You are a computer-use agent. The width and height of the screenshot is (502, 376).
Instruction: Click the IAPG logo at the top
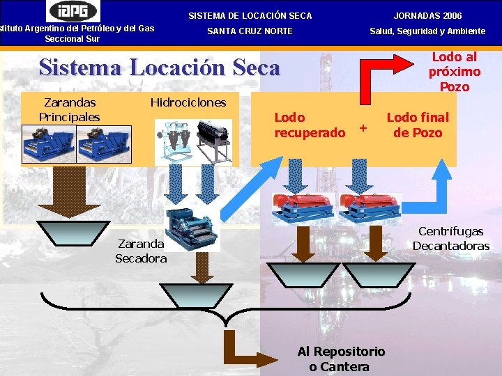coord(73,11)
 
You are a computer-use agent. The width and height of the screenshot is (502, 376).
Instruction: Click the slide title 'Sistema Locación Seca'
coord(159,68)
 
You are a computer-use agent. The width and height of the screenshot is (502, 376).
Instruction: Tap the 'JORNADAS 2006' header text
coord(427,15)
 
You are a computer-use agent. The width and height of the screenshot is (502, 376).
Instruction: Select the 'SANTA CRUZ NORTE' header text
coord(250,31)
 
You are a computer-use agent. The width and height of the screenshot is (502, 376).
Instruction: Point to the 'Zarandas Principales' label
coord(69,110)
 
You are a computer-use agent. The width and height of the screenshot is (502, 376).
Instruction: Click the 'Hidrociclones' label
coord(188,102)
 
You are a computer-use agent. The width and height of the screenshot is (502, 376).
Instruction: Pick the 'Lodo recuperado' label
coord(310,125)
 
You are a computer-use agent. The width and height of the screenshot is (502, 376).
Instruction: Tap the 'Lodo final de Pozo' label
coord(418,125)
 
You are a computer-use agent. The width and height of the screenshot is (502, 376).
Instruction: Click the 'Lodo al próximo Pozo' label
coord(454,72)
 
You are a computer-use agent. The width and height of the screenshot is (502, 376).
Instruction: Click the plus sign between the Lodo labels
coord(362,128)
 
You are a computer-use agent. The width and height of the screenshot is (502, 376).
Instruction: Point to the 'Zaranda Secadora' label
coord(141,251)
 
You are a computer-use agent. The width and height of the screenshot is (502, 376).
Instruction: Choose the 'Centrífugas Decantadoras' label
coord(450,239)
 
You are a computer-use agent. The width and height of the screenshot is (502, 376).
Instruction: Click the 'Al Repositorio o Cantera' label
coord(340,359)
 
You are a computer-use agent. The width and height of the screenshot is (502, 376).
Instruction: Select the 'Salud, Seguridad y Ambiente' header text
coord(427,31)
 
